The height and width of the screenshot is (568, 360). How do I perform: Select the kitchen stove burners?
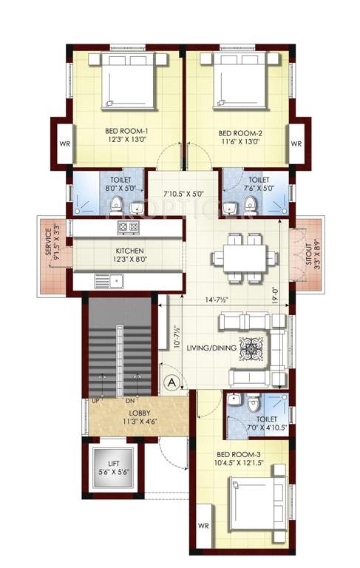pyautogui.click(x=129, y=227)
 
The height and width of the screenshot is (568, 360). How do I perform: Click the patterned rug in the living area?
pyautogui.click(x=251, y=348)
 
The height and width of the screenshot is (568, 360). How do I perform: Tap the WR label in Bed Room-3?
pyautogui.click(x=203, y=526)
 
